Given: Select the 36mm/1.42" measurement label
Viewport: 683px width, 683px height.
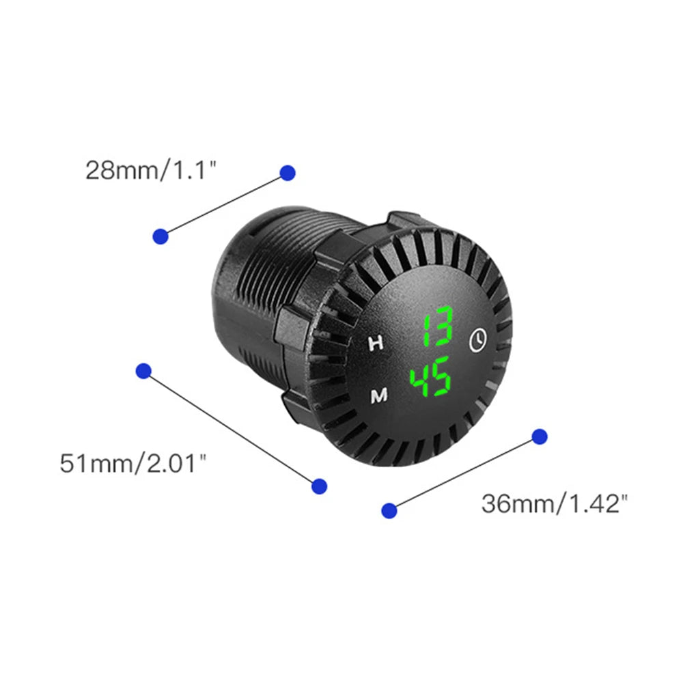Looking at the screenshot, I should (x=554, y=504).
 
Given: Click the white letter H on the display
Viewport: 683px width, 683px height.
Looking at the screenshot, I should (x=376, y=344).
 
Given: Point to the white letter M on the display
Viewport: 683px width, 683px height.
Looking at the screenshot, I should (x=378, y=396).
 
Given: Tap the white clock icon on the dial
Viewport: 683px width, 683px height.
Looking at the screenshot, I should (x=478, y=339).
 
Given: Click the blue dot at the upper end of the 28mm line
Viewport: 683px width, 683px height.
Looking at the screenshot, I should (x=288, y=173).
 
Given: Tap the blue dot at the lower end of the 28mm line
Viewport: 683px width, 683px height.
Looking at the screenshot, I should (x=161, y=236).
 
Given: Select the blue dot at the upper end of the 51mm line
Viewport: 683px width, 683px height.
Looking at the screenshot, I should (x=143, y=371).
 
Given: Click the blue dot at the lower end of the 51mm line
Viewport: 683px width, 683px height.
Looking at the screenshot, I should (x=319, y=486).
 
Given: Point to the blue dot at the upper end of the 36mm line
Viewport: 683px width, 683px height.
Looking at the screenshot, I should (x=540, y=436).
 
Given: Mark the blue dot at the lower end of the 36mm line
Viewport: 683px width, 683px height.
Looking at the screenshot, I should (x=389, y=510).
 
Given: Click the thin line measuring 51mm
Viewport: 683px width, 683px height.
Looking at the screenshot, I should (x=231, y=428).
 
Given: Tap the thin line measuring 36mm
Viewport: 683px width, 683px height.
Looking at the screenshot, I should (x=464, y=473).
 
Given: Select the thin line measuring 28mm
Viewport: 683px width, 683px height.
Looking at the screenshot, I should (x=224, y=205).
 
